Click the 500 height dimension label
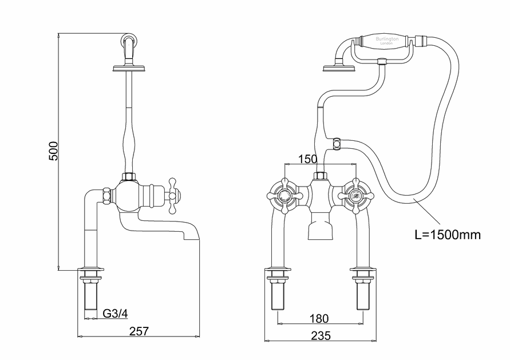[x=53, y=151]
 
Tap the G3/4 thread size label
[x=114, y=313]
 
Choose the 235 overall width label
[x=320, y=336]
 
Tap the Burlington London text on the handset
[x=386, y=41]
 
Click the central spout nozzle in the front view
[x=320, y=230]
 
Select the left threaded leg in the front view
[x=278, y=292]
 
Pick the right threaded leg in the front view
[x=362, y=292]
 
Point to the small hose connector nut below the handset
[x=337, y=140]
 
